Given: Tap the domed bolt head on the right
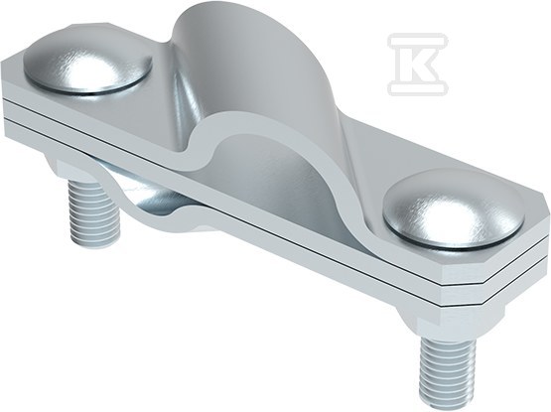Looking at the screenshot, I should pyautogui.click(x=443, y=210).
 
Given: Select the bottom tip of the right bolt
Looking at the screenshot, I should pyautogui.click(x=442, y=390).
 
